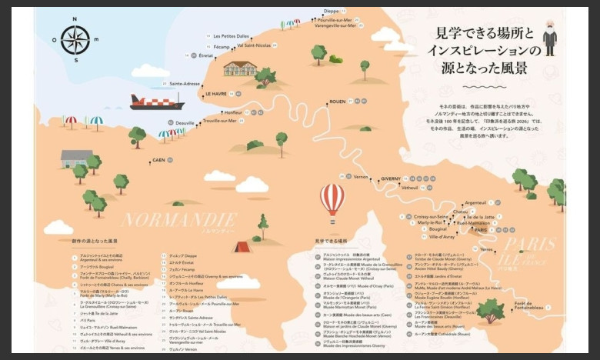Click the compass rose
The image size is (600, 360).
[x=75, y=40]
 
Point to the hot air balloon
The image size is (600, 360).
[x=332, y=198]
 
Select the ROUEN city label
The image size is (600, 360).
[x=337, y=102]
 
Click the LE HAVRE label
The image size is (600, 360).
[x=215, y=94]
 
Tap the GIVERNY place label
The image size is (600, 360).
[x=391, y=178]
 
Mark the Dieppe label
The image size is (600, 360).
[x=332, y=11]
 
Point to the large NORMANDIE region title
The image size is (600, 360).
[x=179, y=219]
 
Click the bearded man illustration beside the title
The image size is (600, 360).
[x=548, y=38]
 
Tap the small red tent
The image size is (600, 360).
[x=242, y=247]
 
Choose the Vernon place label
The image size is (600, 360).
[x=361, y=177]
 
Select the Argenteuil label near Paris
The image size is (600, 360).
[x=475, y=202]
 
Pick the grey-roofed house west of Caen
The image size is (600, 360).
[x=76, y=158]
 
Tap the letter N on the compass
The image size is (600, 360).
[x=75, y=18]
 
